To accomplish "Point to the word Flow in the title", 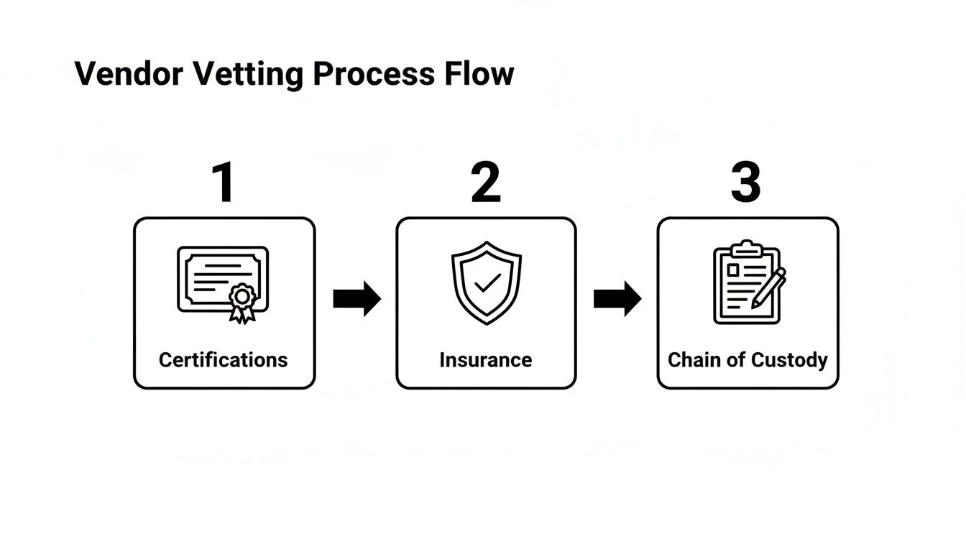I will [478, 75].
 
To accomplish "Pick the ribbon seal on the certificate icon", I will [242, 300].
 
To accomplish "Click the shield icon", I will [487, 282].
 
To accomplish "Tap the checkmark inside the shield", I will [488, 282].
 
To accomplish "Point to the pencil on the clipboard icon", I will [769, 287].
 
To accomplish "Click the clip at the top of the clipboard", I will [746, 249].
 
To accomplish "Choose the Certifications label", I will [223, 360].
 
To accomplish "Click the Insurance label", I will [486, 360].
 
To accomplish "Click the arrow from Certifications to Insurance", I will [356, 298].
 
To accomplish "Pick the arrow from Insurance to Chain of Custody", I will [617, 298].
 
